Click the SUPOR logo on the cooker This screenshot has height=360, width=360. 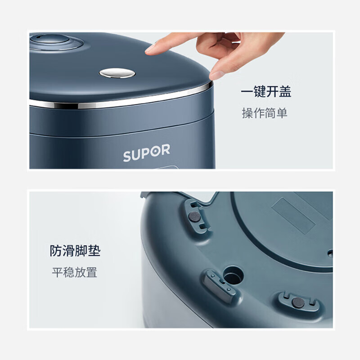pos(147,153)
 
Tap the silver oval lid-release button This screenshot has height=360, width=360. pos(117,73)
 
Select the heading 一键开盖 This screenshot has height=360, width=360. pos(266,92)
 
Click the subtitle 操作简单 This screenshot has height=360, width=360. pos(265,113)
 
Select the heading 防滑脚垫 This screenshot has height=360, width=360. pos(75,251)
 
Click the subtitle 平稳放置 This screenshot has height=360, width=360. pos(75,272)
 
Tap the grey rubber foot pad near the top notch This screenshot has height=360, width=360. pos(194,217)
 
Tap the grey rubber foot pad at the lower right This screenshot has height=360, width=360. pos(298,302)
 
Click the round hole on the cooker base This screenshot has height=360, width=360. pos(233,275)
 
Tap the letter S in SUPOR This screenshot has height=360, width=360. pos(127,156)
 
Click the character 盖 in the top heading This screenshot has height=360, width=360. pos(285,92)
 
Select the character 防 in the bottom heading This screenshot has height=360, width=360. pos(56,251)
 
